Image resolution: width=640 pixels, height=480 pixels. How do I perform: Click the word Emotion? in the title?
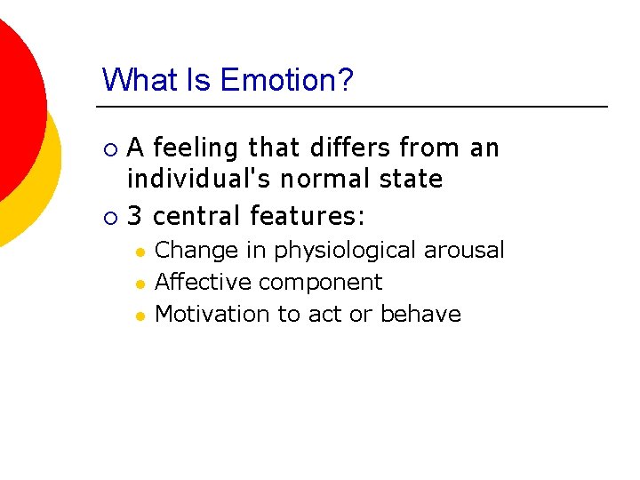click(286, 80)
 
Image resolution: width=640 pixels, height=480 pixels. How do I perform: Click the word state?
click(412, 179)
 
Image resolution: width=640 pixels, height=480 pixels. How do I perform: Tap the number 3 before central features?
click(135, 216)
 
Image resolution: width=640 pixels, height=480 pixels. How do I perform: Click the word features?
click(308, 216)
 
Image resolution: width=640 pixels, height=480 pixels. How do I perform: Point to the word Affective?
click(203, 283)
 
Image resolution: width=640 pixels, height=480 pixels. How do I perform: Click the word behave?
click(420, 314)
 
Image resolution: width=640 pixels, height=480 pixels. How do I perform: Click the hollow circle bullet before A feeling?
click(108, 148)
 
